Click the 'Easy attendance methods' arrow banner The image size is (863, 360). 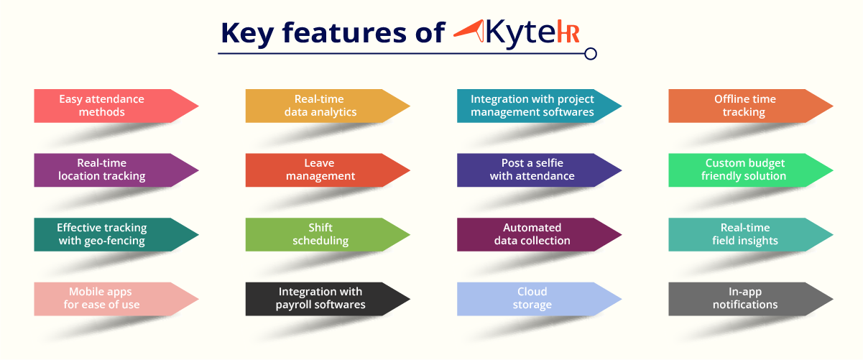point(116,106)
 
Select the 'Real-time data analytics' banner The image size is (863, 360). point(328,106)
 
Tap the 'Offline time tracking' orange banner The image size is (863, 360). point(750,106)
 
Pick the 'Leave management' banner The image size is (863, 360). point(328,170)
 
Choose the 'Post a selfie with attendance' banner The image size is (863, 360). point(539,170)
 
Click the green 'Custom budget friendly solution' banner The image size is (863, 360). point(750,170)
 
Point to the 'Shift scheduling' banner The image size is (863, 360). point(328,234)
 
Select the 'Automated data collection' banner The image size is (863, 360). point(539,234)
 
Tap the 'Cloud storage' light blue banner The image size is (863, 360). point(539,299)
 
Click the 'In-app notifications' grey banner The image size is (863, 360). point(750,299)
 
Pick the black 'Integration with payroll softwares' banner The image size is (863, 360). point(328,299)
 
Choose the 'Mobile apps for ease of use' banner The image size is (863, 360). point(116,299)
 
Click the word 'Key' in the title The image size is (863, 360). point(247,34)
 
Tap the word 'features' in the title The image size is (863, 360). point(344,32)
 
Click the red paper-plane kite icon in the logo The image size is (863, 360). point(469,31)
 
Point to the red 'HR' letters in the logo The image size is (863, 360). point(568,34)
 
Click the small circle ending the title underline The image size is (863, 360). point(590,54)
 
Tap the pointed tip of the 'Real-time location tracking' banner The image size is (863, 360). point(198,170)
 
